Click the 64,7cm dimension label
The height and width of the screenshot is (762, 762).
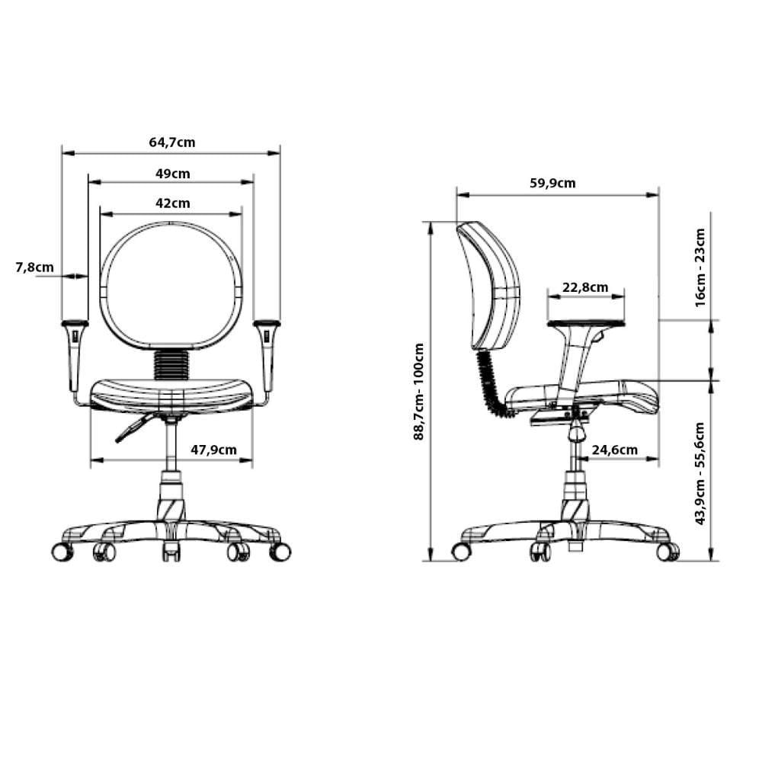[x=172, y=142]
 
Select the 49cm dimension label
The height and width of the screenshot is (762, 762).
[x=173, y=174]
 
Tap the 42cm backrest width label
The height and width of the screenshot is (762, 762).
[x=173, y=203]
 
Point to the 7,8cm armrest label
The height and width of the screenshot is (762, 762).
[x=34, y=267]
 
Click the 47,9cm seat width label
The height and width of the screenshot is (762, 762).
[x=213, y=450]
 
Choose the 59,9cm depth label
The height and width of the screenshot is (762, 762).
[x=552, y=183]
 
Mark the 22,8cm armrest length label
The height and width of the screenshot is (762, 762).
[x=585, y=288]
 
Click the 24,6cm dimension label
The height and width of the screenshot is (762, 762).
[x=614, y=450]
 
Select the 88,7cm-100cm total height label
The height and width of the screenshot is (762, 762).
[x=419, y=392]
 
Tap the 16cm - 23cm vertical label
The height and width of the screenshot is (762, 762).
[x=700, y=267]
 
